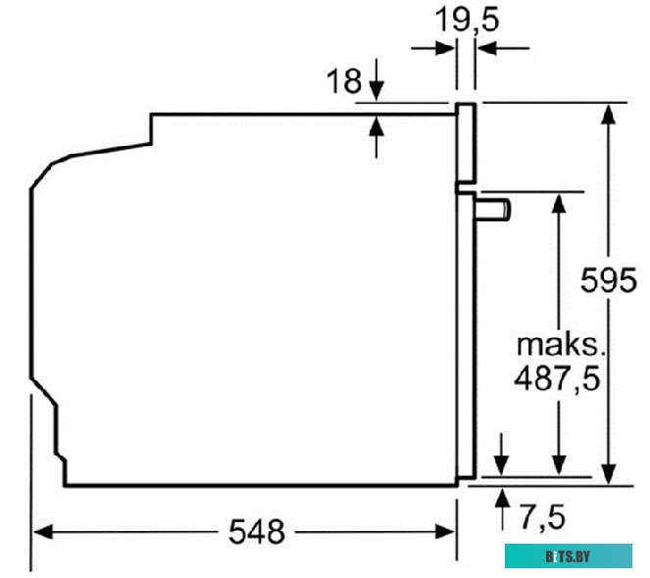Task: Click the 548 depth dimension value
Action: tap(256, 532)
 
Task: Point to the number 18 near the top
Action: tap(344, 81)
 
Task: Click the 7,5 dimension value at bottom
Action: tap(542, 515)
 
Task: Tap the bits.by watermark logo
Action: tap(569, 557)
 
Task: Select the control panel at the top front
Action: tap(466, 144)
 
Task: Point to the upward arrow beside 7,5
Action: tap(503, 496)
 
